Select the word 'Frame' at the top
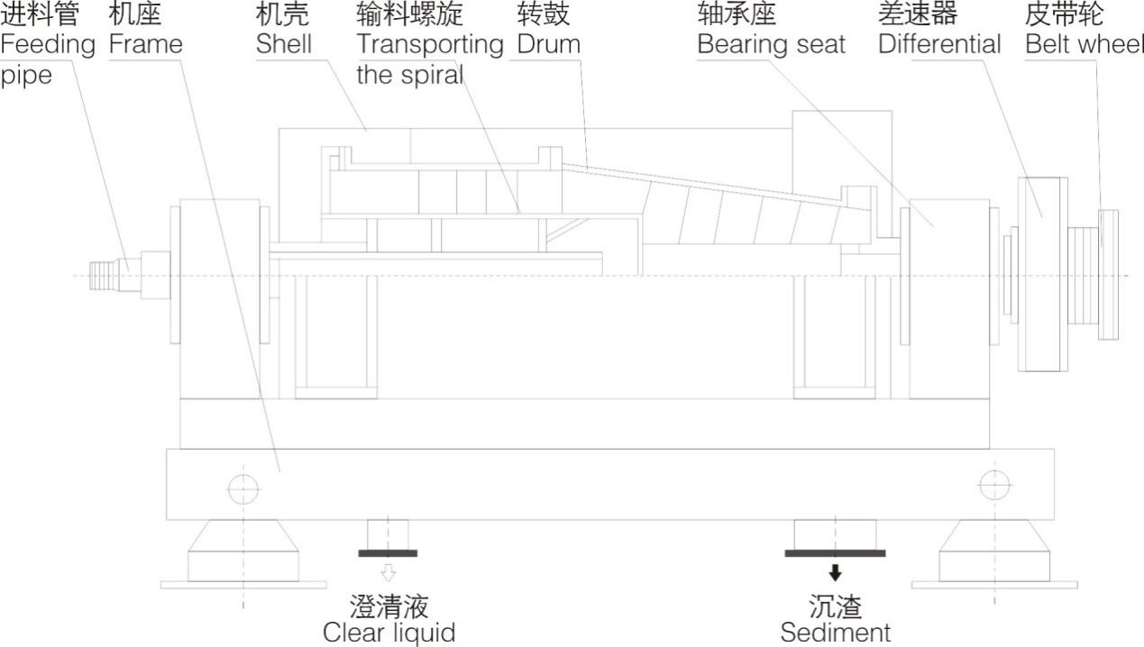click(145, 44)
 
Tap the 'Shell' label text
click(283, 44)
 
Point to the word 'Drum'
click(548, 44)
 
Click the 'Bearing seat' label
click(771, 44)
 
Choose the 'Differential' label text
click(939, 44)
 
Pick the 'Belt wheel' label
click(1085, 44)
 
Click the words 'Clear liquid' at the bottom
click(389, 633)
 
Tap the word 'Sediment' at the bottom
click(835, 633)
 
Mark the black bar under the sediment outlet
click(835, 552)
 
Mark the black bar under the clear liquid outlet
click(388, 552)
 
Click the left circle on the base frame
click(243, 488)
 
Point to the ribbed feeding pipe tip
click(102, 274)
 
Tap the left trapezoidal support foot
click(243, 551)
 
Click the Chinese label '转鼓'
click(544, 14)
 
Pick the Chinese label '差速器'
click(918, 14)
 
